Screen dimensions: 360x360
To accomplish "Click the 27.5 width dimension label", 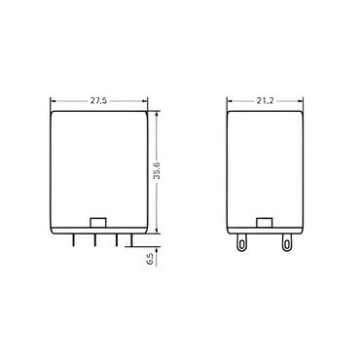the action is coord(98,101).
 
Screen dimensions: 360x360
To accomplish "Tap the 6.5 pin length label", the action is coord(150,260).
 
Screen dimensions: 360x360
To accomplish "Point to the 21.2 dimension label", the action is coord(266,101).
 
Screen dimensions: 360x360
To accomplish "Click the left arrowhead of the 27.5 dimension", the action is coord(54,101).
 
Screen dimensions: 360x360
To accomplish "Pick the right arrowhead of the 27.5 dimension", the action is coord(144,101).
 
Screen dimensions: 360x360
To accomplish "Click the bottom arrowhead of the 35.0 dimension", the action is coord(157,230).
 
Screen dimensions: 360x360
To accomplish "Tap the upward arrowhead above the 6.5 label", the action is coord(157,251).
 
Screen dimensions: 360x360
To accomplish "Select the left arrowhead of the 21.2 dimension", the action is coord(231,101).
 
